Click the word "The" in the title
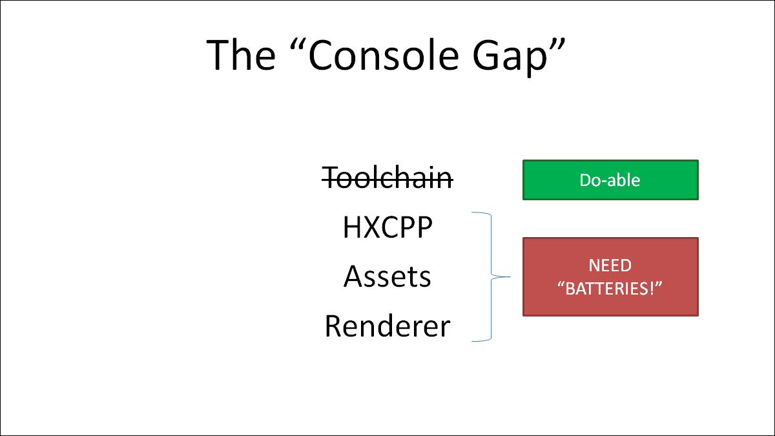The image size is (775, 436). click(241, 55)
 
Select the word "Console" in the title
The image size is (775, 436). click(384, 55)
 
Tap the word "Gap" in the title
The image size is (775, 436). click(510, 57)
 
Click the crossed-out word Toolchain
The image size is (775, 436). click(387, 178)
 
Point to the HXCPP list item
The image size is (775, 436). click(387, 227)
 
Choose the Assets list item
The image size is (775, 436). click(387, 276)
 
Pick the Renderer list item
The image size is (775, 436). click(387, 326)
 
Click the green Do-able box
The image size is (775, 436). click(610, 180)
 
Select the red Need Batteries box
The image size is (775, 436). click(610, 277)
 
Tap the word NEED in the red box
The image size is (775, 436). click(610, 265)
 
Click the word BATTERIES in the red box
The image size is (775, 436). click(609, 289)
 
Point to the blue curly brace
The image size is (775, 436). click(491, 277)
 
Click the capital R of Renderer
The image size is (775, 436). click(333, 326)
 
